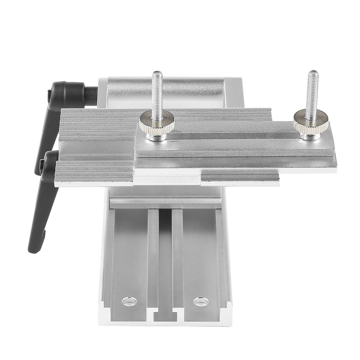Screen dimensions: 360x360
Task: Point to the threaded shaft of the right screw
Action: [312, 94]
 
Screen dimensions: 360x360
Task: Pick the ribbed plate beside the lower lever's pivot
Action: [94, 171]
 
